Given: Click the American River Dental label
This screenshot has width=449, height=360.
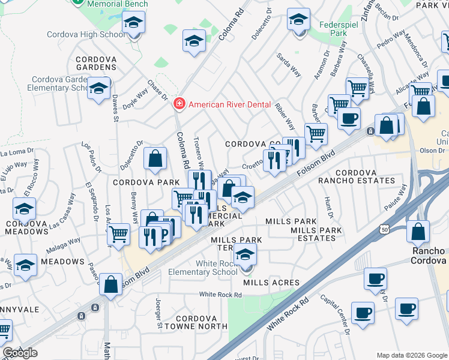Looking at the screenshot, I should (230, 104).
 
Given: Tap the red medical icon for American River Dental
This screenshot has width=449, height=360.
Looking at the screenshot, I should (178, 104).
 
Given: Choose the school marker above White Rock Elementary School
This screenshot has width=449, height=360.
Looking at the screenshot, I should (244, 256).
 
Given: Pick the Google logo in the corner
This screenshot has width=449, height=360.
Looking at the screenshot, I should (20, 353).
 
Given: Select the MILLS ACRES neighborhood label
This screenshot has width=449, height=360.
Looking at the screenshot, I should (272, 283).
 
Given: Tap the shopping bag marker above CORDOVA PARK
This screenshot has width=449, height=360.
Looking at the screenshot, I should (155, 160).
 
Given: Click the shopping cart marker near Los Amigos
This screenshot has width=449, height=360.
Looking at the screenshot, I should (119, 234).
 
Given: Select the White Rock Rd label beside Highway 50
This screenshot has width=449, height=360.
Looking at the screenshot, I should (288, 314).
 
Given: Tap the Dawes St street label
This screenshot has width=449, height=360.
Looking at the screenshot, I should (113, 108).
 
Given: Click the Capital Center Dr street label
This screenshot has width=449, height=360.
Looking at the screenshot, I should (334, 314).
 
